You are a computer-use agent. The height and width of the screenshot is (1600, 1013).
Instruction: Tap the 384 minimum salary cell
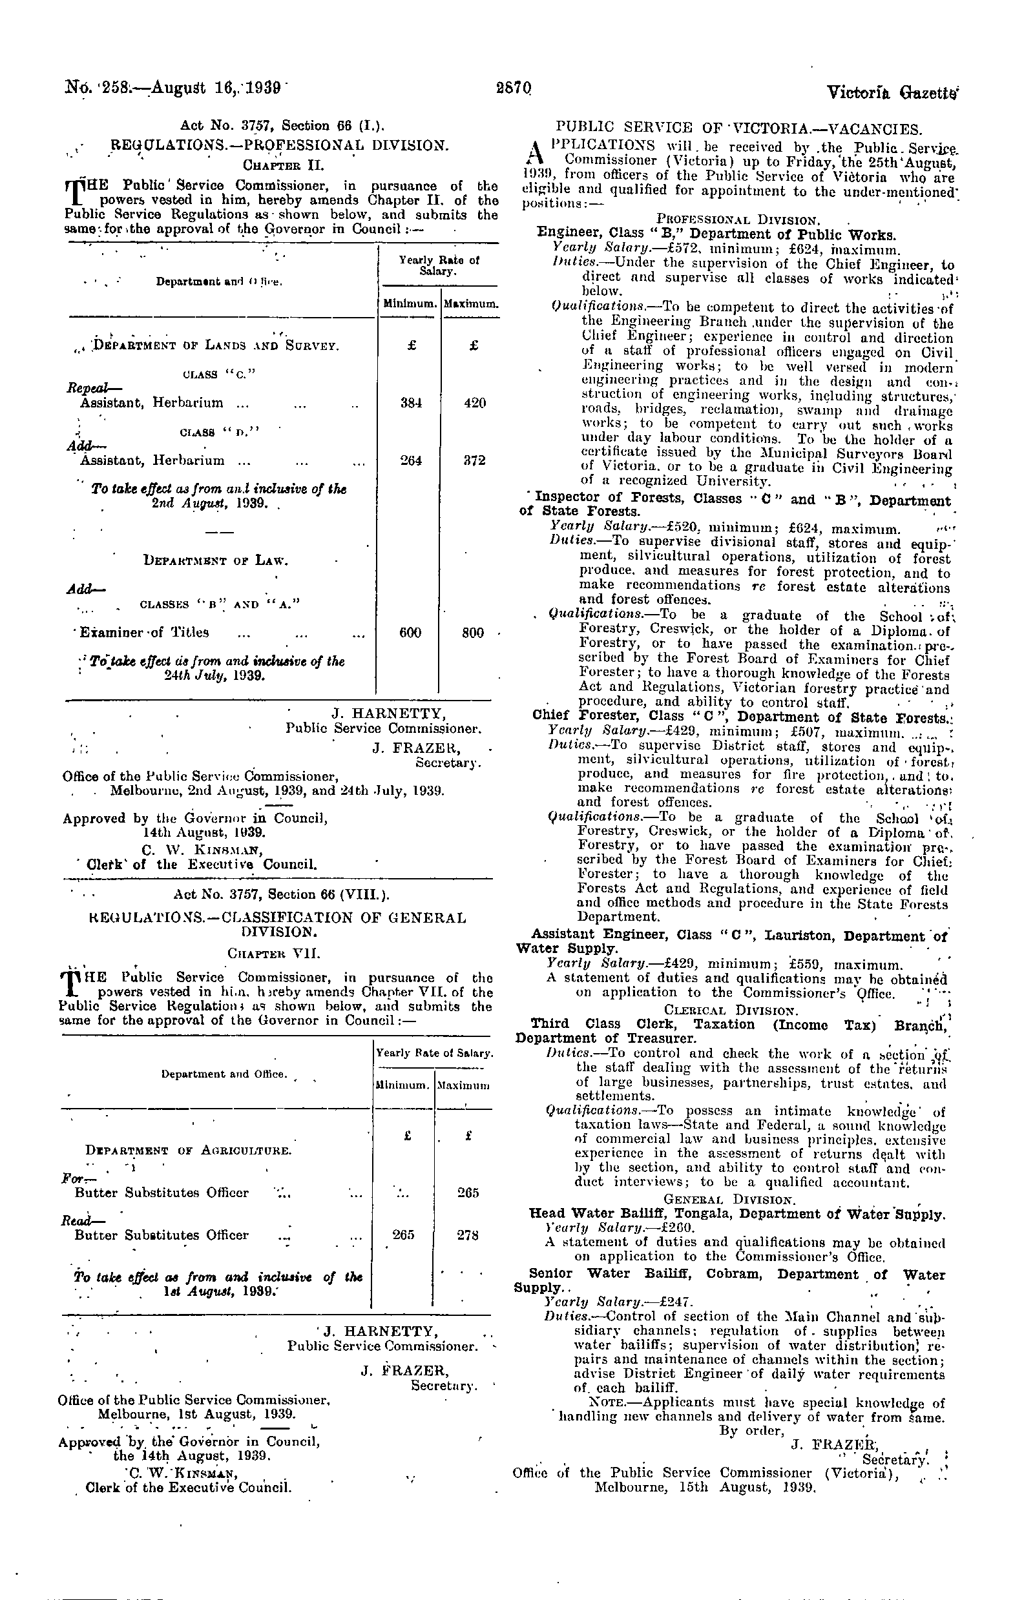(411, 403)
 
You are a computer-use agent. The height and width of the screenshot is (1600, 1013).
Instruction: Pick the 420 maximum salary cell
(474, 403)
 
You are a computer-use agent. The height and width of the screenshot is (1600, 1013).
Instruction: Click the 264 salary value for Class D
(411, 460)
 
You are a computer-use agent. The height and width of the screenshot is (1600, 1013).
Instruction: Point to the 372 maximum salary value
(474, 460)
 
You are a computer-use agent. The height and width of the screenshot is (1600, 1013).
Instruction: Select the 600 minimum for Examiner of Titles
(410, 633)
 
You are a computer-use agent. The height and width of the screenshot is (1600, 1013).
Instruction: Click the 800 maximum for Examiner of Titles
(473, 633)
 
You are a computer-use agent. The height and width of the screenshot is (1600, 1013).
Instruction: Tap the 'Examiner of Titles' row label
(144, 633)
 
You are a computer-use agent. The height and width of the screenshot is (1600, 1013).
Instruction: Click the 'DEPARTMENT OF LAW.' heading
(216, 560)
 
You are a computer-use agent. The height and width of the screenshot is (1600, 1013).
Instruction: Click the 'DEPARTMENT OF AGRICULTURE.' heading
(188, 1150)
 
